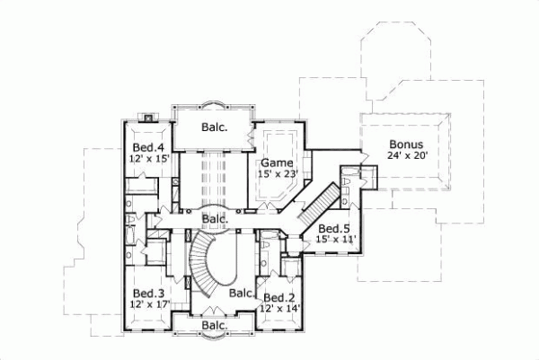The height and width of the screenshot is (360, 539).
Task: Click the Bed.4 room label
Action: point(147,147)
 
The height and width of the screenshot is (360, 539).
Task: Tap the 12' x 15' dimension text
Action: point(147,159)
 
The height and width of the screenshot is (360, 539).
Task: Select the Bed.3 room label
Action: point(148,294)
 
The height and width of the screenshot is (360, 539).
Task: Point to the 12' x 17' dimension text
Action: point(148,305)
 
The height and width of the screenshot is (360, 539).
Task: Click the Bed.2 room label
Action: point(278,298)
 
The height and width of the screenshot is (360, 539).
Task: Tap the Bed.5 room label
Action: point(333,228)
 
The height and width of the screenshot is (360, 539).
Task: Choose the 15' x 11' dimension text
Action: point(336,240)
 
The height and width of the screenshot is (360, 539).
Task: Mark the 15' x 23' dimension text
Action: point(277,174)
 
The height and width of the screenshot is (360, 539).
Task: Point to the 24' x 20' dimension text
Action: point(407,154)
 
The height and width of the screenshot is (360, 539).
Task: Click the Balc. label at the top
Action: point(214,127)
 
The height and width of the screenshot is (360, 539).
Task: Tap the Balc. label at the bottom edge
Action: point(214,325)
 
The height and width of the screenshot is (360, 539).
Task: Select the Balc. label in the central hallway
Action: point(214,218)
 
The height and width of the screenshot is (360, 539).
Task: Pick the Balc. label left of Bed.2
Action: point(241,293)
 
